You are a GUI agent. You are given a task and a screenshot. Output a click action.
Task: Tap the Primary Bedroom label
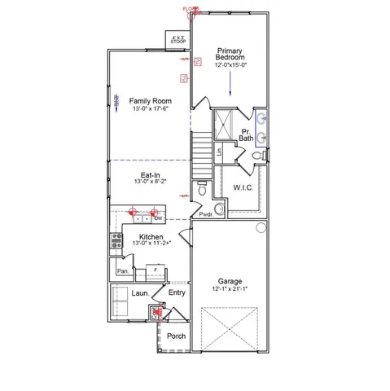point(230,54)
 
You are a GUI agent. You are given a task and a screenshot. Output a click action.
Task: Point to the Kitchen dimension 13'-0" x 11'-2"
point(150,243)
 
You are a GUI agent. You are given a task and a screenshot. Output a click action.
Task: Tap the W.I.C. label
point(243,187)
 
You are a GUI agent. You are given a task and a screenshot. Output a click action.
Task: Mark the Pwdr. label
point(206,215)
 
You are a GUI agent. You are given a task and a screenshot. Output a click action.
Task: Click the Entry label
point(177,293)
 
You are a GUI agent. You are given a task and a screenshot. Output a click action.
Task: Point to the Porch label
point(176,336)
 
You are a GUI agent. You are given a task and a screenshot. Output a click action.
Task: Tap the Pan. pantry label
point(122,270)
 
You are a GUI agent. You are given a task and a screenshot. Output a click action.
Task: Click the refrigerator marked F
point(156,270)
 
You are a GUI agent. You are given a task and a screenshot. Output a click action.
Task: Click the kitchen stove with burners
point(115,242)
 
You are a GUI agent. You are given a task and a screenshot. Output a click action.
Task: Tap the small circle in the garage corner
point(261,226)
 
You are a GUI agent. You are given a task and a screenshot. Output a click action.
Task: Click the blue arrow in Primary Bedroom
point(230,81)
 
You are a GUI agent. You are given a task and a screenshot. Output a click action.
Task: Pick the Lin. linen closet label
point(220,152)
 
